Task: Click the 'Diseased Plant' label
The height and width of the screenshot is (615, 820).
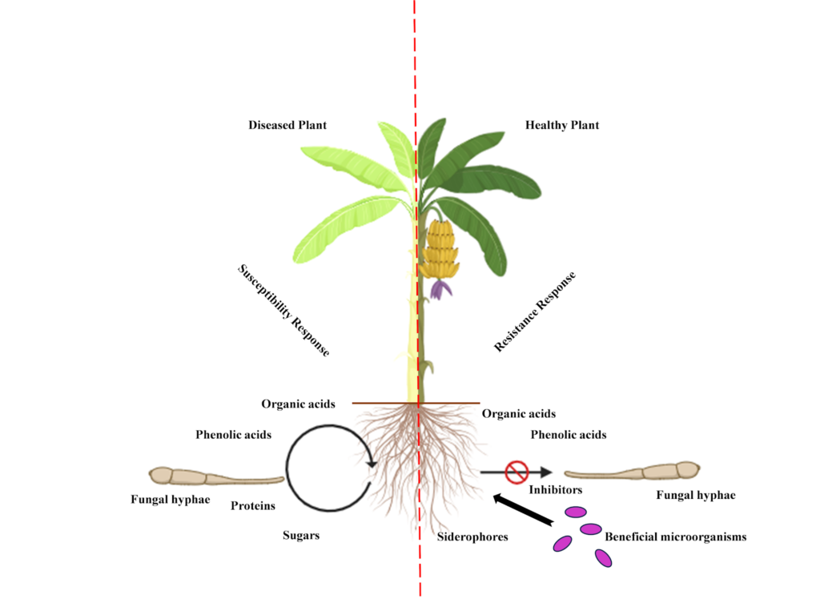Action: (287, 125)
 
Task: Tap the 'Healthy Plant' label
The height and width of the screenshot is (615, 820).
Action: (562, 125)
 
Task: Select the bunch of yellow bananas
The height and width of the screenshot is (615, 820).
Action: (441, 248)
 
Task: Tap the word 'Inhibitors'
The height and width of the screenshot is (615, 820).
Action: (555, 488)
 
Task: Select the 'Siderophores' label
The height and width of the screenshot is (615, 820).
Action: (472, 537)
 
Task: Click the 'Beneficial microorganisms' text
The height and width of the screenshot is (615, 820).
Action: (675, 537)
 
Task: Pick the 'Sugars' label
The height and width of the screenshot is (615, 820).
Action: (301, 535)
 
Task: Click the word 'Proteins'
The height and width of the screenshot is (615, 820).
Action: (253, 506)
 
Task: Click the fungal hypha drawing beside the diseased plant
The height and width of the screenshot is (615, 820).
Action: (215, 477)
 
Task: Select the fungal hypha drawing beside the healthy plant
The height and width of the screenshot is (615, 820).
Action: (633, 472)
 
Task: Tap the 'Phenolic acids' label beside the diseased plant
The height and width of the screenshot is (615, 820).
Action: (233, 435)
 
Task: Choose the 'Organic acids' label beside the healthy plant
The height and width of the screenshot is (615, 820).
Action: (519, 414)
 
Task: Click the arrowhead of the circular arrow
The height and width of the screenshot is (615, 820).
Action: (372, 462)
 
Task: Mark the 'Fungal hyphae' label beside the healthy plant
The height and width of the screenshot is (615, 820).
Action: (695, 495)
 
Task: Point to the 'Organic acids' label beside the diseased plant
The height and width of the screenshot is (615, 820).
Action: (298, 404)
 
